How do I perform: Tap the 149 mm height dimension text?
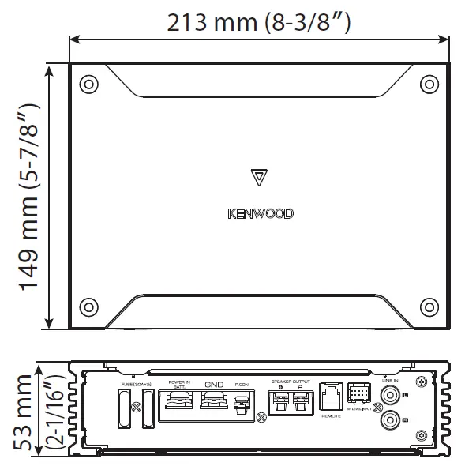tap(30, 197)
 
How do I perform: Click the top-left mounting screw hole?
tap(89, 84)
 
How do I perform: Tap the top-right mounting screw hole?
tap(429, 84)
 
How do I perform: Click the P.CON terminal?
tap(242, 405)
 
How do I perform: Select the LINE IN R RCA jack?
tap(389, 421)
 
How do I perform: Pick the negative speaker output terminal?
tap(299, 404)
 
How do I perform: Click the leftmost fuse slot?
tap(123, 409)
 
